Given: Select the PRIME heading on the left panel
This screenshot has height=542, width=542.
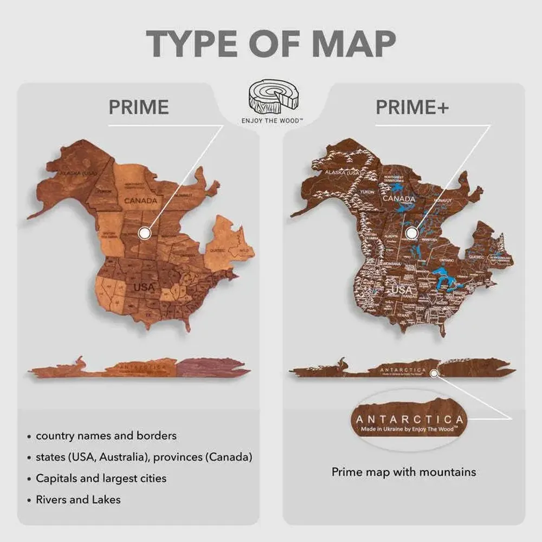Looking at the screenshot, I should point(139,107).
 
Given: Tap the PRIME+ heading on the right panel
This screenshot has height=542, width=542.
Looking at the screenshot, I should point(412,107).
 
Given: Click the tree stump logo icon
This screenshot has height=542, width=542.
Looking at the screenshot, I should point(270,98).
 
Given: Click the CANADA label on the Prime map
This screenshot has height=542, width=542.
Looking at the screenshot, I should point(140,201).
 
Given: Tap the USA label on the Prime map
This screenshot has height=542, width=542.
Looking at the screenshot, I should point(144,287).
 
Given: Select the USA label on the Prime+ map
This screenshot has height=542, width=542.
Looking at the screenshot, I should point(402,290).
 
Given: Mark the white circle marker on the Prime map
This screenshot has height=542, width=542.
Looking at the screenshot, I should point(144,233).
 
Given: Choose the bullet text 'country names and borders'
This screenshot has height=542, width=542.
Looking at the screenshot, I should point(106,435).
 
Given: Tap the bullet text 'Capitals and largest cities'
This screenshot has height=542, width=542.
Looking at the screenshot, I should point(101,478).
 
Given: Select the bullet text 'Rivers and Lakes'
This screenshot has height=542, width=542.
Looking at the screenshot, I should point(78,499).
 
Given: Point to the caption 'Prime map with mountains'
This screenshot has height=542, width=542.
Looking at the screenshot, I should point(404,472).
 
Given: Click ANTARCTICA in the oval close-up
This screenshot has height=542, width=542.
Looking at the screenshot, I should point(410,420).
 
